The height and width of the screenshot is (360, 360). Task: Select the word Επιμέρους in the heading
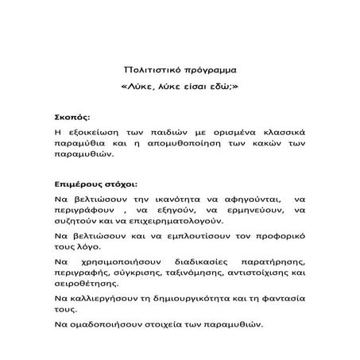81,182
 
